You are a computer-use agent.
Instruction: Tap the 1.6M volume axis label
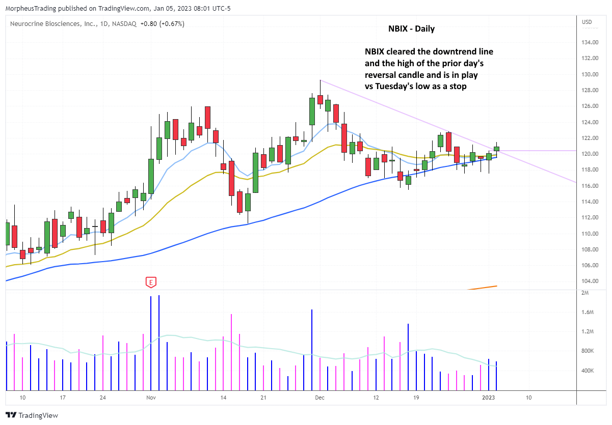pos(588,312)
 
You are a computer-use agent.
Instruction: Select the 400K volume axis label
pos(589,370)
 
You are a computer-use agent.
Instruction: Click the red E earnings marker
pos(150,281)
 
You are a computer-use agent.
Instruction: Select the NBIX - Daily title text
pos(411,29)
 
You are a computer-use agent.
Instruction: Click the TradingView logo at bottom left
pos(32,415)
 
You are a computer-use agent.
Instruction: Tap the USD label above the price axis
pos(588,21)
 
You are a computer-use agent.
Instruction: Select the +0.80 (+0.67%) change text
pos(164,23)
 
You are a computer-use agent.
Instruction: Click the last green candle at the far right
pos(496,149)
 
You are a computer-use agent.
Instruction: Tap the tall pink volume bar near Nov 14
pos(231,352)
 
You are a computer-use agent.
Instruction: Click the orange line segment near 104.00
pos(482,288)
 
